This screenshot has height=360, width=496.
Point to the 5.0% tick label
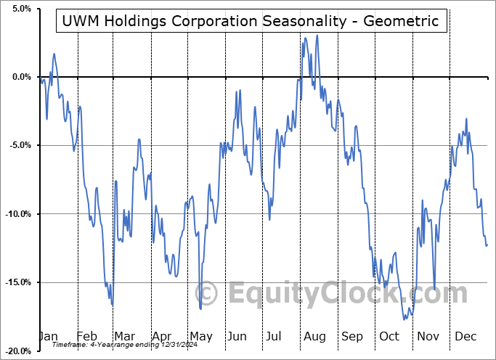click(x=20, y=9)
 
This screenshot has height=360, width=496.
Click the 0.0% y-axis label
click(x=20, y=77)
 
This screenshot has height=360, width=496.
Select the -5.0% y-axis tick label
click(x=19, y=145)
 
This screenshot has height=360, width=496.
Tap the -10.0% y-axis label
click(x=17, y=214)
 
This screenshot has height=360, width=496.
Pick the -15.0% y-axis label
click(x=17, y=282)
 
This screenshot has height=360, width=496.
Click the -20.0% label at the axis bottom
click(x=17, y=351)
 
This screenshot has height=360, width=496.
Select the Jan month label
click(x=48, y=336)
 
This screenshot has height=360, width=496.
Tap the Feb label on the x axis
click(x=86, y=336)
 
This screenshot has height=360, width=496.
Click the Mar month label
click(x=123, y=336)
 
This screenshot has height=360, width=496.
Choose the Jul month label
click(x=275, y=336)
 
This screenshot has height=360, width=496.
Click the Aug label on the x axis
click(x=314, y=336)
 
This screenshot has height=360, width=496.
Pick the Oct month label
click(x=389, y=336)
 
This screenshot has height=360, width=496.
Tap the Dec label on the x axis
click(x=464, y=336)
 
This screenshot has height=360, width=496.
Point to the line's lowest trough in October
click(x=404, y=319)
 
